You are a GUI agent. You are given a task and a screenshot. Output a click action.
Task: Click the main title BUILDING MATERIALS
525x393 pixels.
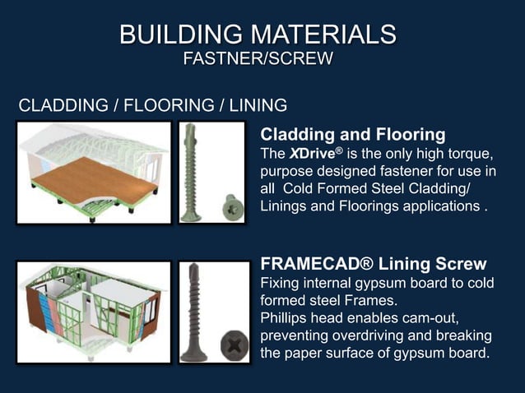click(258, 35)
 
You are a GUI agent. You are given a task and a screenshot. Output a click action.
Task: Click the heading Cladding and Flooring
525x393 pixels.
click(353, 134)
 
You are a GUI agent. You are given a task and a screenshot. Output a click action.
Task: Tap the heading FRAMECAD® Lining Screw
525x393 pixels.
click(373, 264)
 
